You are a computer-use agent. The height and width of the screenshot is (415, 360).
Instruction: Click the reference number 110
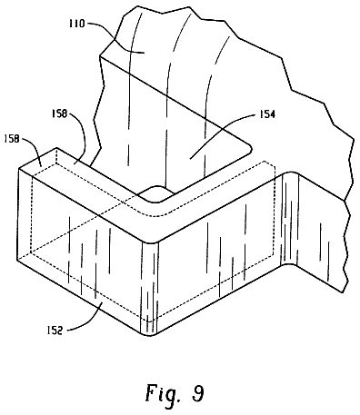point(76,24)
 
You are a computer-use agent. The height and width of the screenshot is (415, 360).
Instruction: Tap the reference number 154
point(266,114)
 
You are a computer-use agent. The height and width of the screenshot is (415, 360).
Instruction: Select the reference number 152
point(55,331)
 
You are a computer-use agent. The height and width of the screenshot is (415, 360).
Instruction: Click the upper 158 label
point(59,114)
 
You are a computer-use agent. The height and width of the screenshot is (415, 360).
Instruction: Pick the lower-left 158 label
point(11,139)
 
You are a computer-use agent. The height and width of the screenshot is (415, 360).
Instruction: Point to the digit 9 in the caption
point(197,393)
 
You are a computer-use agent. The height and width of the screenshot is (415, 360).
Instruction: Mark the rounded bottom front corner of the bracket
point(149,335)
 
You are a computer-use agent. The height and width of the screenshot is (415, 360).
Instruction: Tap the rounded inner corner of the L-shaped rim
point(154,200)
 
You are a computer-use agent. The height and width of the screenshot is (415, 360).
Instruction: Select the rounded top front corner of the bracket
point(150,242)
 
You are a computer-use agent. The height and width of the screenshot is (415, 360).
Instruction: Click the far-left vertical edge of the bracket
point(18,213)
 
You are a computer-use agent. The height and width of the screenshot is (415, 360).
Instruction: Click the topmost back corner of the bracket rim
point(56,148)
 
